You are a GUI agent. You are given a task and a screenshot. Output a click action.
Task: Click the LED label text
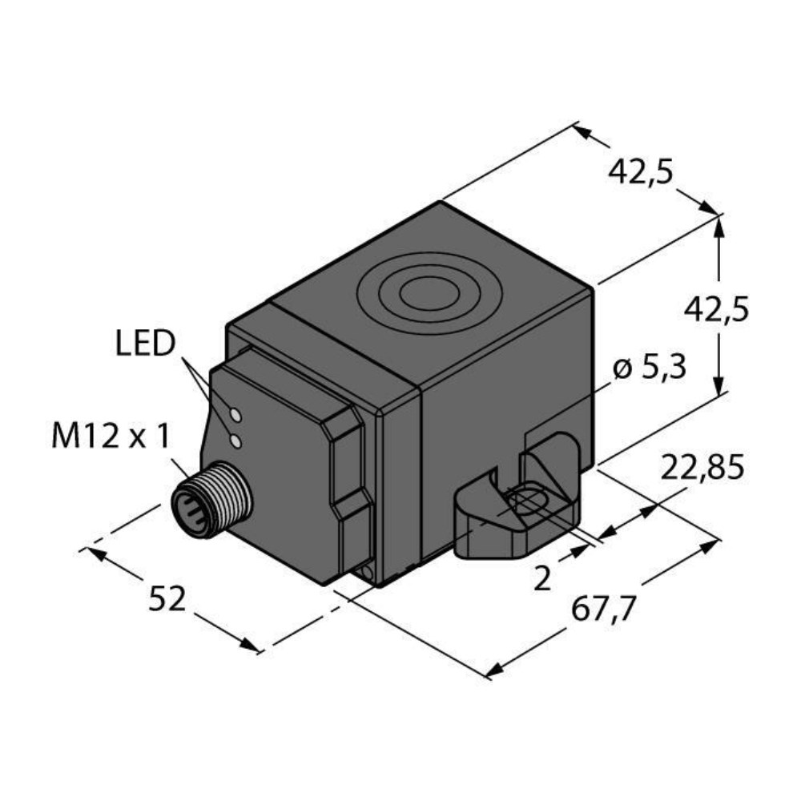coord(144,344)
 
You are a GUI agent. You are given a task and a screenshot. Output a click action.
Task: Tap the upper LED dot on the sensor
coord(235,415)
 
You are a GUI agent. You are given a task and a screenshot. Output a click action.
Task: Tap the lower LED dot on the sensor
coord(235,441)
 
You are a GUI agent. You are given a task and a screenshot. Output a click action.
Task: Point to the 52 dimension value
coord(167,598)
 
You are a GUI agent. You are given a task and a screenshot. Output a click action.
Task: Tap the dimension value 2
coord(542,578)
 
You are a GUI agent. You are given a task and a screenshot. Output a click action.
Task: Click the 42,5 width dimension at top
coord(641,171)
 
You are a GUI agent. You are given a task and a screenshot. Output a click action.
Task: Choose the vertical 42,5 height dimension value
coord(716,308)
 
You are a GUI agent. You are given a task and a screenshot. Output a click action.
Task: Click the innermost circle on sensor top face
coord(429,295)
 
